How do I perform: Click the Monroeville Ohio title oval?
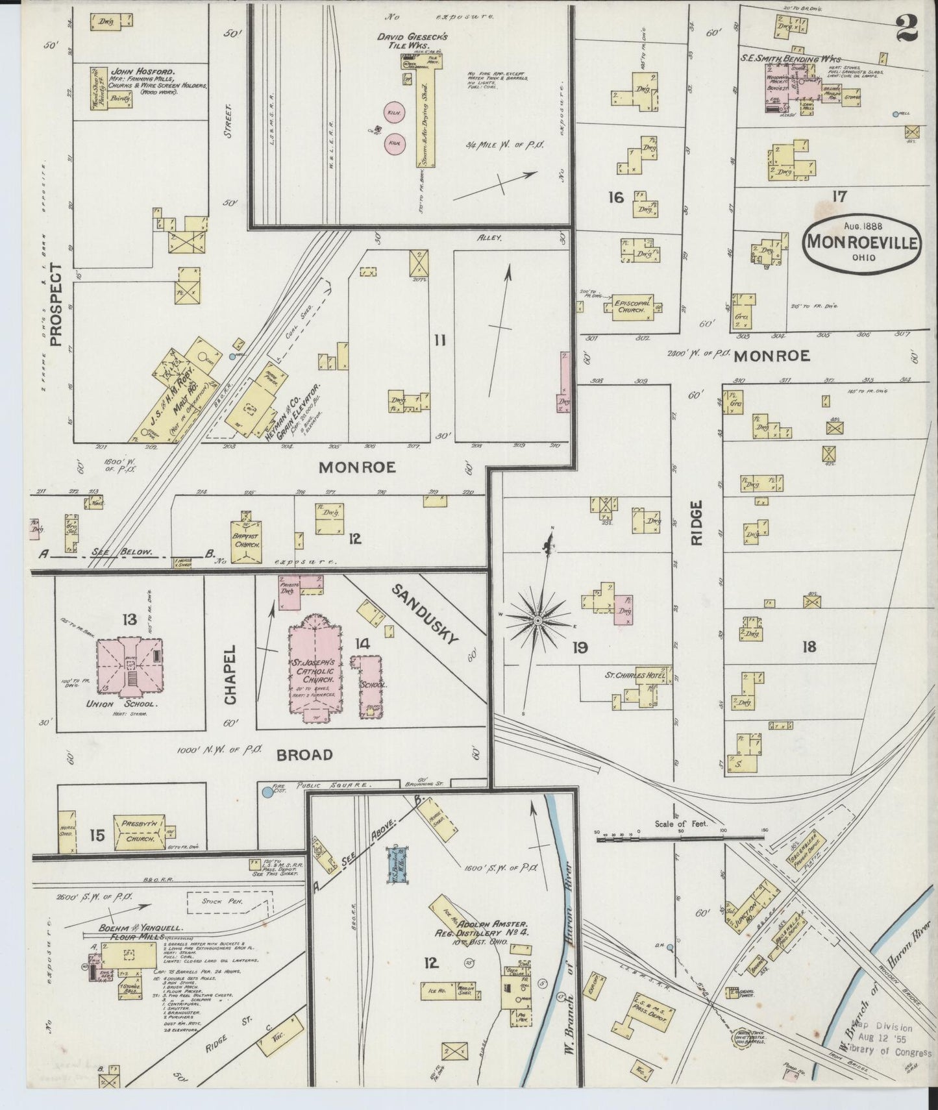coord(861,243)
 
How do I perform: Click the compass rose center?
coord(537,621)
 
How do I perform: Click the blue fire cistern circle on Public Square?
coord(267,793)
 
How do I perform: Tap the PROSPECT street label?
coord(55,305)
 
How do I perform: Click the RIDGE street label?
coord(697,522)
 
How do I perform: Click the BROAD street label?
coord(304,755)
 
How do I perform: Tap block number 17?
coord(839,197)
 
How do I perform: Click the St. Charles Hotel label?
coord(636,675)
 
